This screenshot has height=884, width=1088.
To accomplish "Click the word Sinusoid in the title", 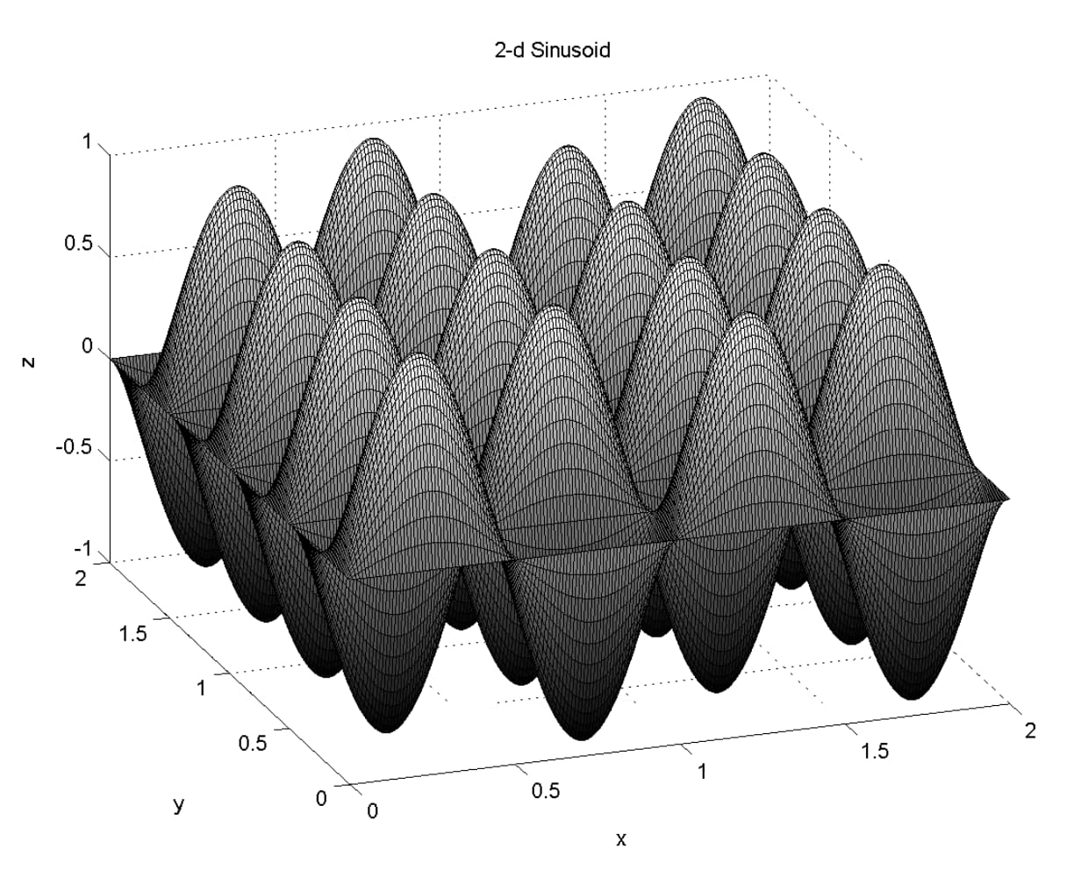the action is pyautogui.click(x=570, y=51).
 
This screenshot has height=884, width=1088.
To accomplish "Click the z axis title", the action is pyautogui.click(x=29, y=362).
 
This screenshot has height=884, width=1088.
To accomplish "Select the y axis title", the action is pyautogui.click(x=178, y=805).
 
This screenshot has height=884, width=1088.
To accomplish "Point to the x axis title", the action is pyautogui.click(x=620, y=839).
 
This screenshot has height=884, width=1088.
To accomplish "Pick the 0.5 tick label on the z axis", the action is pyautogui.click(x=79, y=244).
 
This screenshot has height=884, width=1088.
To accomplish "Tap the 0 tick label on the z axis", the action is pyautogui.click(x=88, y=346).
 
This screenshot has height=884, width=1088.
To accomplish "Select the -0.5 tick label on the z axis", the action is pyautogui.click(x=75, y=447).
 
